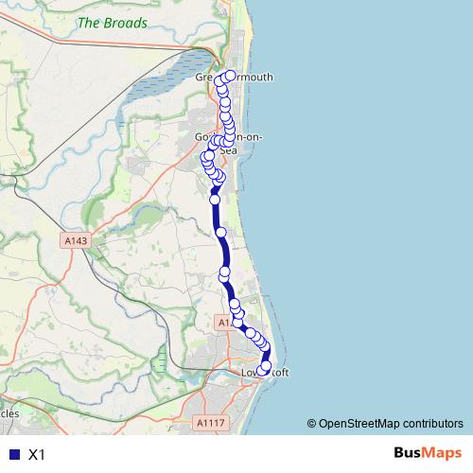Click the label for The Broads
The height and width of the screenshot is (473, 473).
click(113, 23)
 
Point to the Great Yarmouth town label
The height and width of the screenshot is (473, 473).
click(233, 78)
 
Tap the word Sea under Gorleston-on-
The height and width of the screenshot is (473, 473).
click(227, 149)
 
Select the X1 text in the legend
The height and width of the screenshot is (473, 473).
click(37, 454)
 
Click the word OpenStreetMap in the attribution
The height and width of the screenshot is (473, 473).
click(359, 423)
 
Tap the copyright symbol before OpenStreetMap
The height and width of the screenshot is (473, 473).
click(311, 423)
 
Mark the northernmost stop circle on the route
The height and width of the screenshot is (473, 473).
click(230, 76)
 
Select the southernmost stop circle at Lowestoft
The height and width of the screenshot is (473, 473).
click(265, 366)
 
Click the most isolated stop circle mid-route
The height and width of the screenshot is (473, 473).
click(220, 232)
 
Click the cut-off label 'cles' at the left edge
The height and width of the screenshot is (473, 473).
click(9, 413)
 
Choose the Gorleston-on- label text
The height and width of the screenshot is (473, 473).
click(227, 138)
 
